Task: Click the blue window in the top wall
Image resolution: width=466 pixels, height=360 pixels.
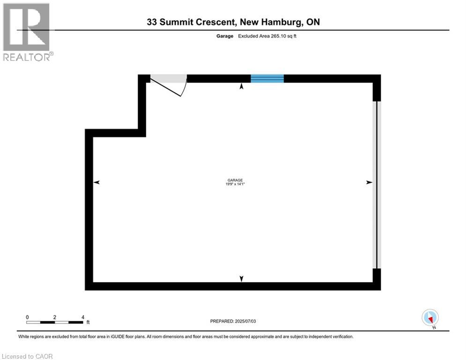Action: click(267, 78)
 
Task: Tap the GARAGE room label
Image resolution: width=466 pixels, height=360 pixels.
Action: click(235, 180)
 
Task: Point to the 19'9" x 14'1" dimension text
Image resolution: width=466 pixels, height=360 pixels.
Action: click(235, 184)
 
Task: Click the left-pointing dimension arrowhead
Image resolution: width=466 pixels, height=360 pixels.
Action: click(96, 182)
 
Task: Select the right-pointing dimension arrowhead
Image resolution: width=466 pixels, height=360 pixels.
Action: click(369, 182)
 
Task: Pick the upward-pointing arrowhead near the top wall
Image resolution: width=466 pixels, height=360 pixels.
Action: click(242, 86)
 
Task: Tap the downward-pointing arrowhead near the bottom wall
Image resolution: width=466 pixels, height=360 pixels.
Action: click(242, 278)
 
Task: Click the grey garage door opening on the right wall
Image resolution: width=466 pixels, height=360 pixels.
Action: click(377, 185)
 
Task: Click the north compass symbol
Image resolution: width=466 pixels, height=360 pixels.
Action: click(430, 318)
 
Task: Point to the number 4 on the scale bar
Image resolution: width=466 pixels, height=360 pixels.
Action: click(83, 317)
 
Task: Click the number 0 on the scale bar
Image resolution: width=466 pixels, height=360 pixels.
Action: click(27, 317)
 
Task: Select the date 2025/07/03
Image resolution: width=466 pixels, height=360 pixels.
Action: click(245, 321)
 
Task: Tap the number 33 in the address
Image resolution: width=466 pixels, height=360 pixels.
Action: click(152, 22)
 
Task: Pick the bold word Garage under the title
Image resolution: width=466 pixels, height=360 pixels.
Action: click(225, 36)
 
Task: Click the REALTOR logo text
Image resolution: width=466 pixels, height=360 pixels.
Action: click(26, 57)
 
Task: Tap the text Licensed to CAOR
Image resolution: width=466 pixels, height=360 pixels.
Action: click(27, 356)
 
